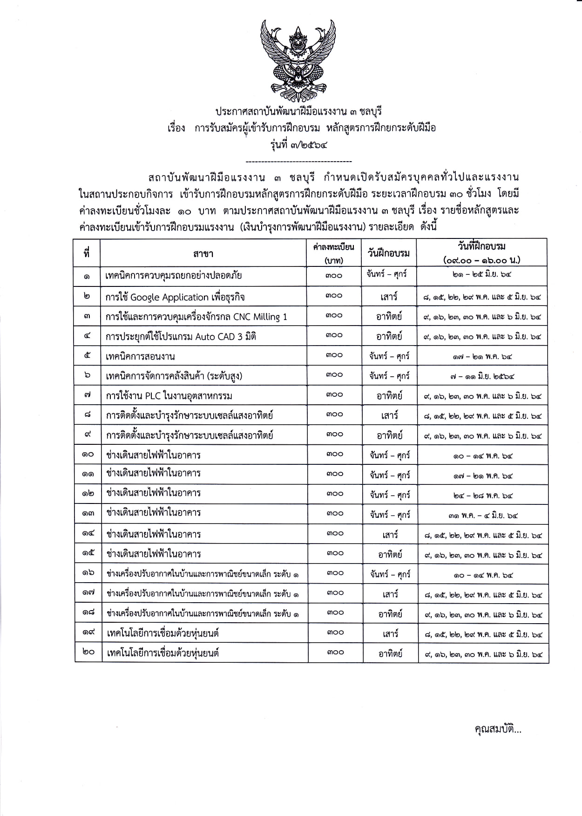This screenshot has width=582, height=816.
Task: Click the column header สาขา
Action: (203, 253)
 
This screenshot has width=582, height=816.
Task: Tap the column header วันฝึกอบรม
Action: (389, 253)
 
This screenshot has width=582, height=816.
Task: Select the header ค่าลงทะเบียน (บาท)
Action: (334, 253)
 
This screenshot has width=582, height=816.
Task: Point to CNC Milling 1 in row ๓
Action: (260, 317)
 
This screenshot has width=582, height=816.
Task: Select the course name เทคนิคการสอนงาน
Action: (140, 357)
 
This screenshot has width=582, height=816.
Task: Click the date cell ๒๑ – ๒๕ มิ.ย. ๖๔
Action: (482, 275)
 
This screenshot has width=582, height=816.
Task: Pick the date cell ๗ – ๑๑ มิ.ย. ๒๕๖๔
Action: (482, 376)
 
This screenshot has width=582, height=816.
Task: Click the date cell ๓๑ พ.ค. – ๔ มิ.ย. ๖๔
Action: (482, 515)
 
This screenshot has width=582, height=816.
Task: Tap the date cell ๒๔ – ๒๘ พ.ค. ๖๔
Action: (482, 496)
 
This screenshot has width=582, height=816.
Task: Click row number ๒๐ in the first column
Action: (88, 652)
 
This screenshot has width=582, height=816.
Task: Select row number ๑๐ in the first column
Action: (88, 455)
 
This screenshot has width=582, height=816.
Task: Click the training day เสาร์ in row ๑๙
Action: (389, 633)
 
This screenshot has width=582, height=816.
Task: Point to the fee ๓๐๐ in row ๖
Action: (334, 375)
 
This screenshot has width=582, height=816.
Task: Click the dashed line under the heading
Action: (298, 162)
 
